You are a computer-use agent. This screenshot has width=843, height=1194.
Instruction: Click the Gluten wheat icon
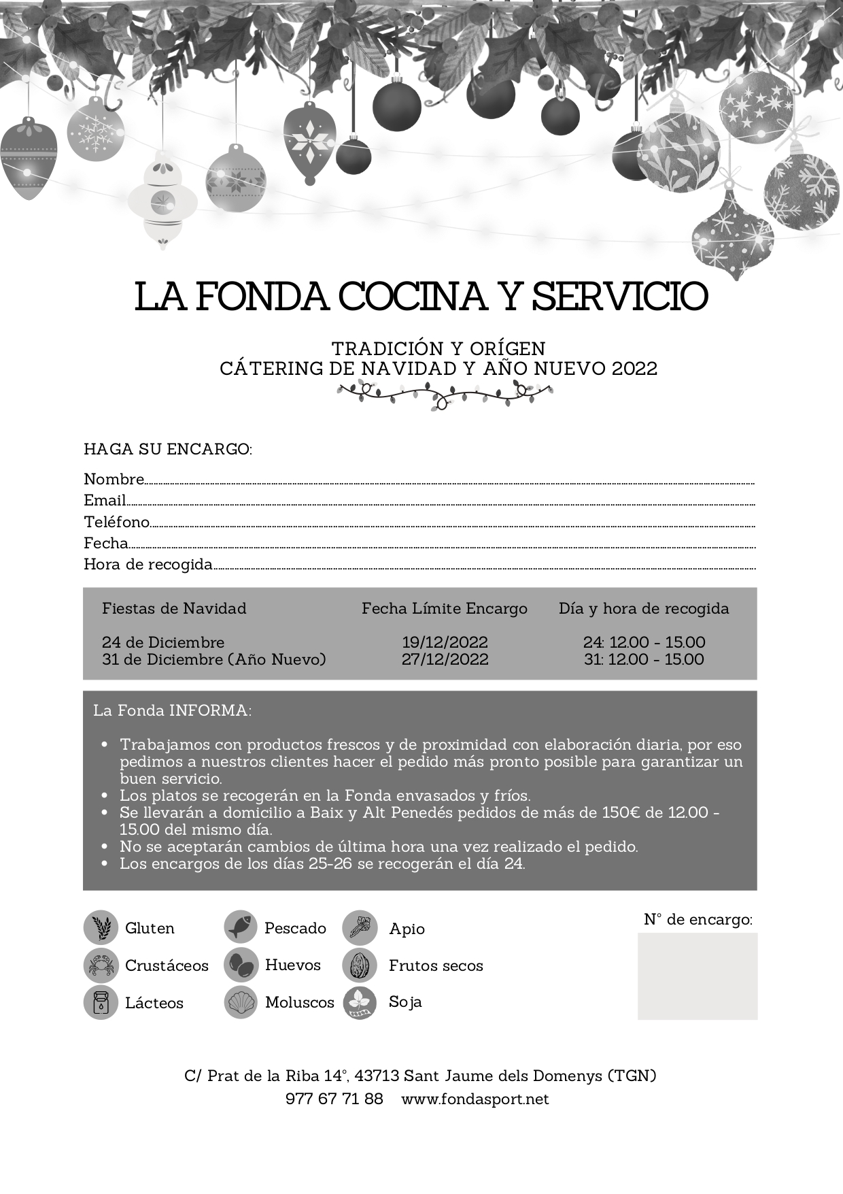click(100, 927)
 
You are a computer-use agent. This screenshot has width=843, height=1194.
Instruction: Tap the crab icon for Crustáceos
click(100, 965)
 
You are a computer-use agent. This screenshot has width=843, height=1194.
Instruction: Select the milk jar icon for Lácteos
click(100, 1002)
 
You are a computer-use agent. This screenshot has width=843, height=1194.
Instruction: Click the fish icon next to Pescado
click(240, 927)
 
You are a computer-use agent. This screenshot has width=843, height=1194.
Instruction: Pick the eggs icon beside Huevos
click(240, 965)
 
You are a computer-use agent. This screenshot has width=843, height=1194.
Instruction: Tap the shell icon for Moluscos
click(240, 1002)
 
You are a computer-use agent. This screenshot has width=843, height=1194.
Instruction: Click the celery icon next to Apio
click(360, 927)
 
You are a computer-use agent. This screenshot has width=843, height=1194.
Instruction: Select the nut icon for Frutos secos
click(360, 965)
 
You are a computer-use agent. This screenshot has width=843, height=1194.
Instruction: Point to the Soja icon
click(360, 1002)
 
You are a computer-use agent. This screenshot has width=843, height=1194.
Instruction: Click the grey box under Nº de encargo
click(697, 976)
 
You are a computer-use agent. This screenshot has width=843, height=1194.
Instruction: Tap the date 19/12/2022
click(445, 642)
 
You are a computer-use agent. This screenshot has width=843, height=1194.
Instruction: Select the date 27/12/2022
click(445, 659)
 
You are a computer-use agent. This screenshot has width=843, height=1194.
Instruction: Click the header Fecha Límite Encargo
click(445, 608)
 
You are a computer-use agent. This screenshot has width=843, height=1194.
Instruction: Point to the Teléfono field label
click(116, 522)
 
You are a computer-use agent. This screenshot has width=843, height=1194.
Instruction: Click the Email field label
click(105, 501)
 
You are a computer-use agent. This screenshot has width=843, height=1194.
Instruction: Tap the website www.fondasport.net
click(475, 1099)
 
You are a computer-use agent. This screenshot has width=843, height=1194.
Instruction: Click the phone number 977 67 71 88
click(334, 1099)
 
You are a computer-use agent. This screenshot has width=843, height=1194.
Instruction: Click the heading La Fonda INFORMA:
click(173, 710)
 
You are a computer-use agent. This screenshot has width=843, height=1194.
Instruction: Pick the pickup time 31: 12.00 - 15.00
click(644, 659)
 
